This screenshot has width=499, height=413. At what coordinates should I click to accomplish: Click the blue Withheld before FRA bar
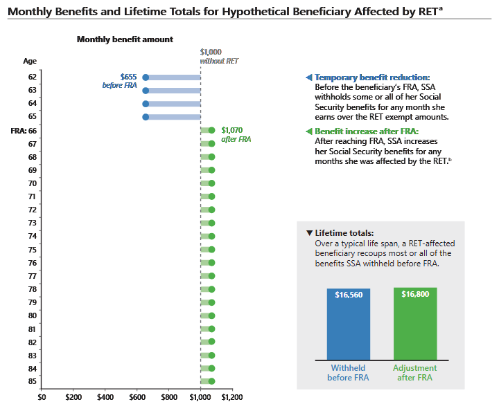pyautogui.click(x=349, y=324)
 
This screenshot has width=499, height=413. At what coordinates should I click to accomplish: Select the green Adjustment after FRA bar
pyautogui.click(x=415, y=324)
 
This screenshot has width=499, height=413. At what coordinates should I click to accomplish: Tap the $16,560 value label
pyautogui.click(x=349, y=295)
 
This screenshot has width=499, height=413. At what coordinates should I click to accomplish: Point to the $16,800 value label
pyautogui.click(x=415, y=294)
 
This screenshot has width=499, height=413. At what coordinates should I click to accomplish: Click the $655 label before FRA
pyautogui.click(x=128, y=76)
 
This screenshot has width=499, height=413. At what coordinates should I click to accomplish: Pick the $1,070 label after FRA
pyautogui.click(x=233, y=129)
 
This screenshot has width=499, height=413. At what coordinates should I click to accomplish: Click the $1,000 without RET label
pyautogui.click(x=211, y=52)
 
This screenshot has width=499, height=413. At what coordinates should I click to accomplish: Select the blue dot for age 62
pyautogui.click(x=146, y=77)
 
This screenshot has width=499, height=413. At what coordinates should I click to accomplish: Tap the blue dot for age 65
pyautogui.click(x=146, y=117)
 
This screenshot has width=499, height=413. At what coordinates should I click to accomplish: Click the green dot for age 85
pyautogui.click(x=211, y=381)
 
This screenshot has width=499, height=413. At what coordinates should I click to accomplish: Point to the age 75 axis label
pyautogui.click(x=32, y=249)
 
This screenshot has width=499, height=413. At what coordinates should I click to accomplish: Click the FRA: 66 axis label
pyautogui.click(x=24, y=130)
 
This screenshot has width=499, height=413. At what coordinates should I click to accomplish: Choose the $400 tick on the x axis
pyautogui.click(x=105, y=398)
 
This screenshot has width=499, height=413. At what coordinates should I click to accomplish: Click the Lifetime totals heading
pyautogui.click(x=344, y=233)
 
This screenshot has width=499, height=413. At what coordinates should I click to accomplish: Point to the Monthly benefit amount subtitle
pyautogui.click(x=125, y=39)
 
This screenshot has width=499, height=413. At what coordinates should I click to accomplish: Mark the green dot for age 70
pyautogui.click(x=211, y=183)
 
